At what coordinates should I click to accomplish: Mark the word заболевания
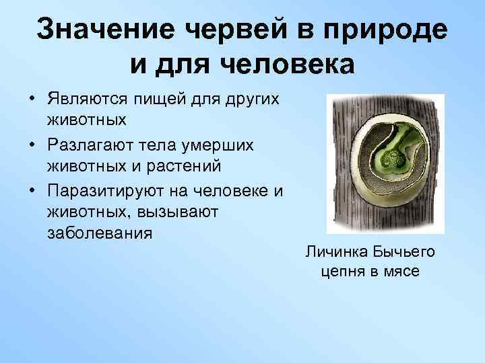pos(100,235)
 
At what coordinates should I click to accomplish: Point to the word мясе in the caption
pos(401,272)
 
